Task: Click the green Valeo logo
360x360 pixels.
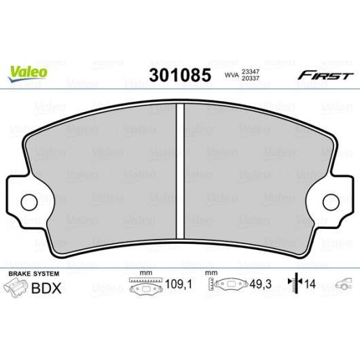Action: (28, 73)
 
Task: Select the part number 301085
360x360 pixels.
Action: (180, 75)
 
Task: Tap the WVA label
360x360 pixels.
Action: (232, 75)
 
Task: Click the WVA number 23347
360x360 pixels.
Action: (250, 72)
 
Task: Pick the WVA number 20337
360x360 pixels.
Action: (250, 78)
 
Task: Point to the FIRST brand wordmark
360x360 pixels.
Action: (325, 75)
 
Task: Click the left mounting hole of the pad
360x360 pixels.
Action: (29, 202)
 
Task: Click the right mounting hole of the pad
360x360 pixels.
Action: (331, 202)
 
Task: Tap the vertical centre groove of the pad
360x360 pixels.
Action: (180, 171)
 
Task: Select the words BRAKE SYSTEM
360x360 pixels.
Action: (34, 274)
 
